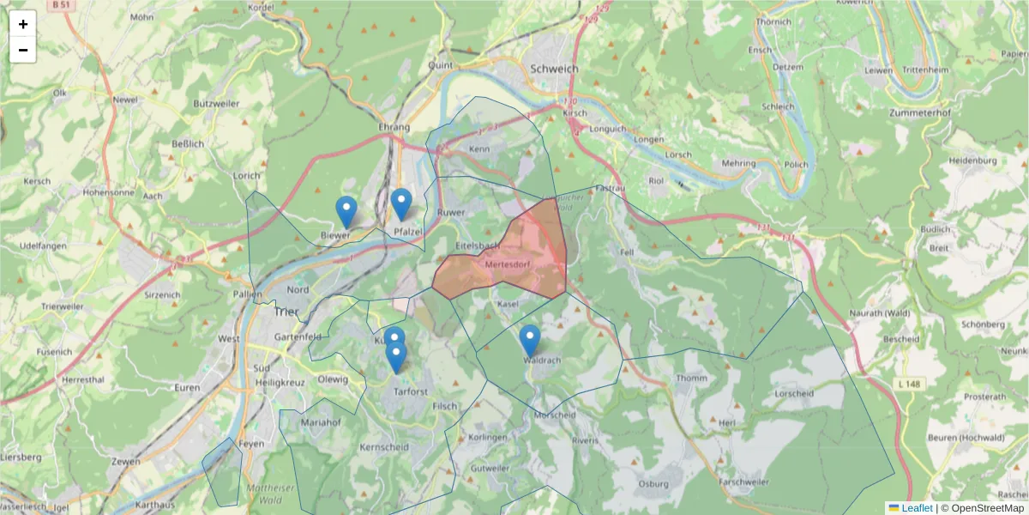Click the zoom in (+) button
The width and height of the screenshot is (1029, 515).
click(x=23, y=24)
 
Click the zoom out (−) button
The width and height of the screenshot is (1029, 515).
click(x=23, y=50)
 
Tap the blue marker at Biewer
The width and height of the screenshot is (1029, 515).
click(x=346, y=211)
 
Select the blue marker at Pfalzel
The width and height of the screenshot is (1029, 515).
click(x=401, y=203)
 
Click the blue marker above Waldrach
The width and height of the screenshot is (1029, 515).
click(x=530, y=340)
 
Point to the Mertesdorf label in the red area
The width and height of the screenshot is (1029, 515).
click(x=508, y=264)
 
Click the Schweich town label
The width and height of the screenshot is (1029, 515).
click(x=555, y=69)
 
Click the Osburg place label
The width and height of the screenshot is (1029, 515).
click(x=653, y=484)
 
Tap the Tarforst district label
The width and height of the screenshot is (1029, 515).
click(x=410, y=391)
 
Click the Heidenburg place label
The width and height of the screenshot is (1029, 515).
click(x=973, y=161)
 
